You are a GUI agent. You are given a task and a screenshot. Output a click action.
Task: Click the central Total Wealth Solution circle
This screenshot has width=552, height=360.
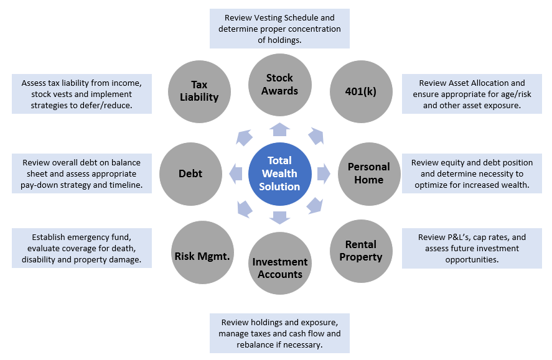coord(279,173)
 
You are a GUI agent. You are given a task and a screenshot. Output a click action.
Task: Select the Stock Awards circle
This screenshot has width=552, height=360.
coord(279,84)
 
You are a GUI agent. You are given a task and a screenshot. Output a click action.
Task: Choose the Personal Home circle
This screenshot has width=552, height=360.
coord(368,173)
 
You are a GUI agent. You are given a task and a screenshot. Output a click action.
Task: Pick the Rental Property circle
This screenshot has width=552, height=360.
coord(360,251)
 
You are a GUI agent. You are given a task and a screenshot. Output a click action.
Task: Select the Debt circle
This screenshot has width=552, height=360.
coord(190,174)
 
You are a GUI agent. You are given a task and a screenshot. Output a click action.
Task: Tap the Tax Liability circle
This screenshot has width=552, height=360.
coord(199,91)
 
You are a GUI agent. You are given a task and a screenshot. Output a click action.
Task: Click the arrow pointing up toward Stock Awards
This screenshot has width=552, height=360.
coord(280,129)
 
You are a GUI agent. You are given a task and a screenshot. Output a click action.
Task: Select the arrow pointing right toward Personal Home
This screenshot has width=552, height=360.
coord(324,174)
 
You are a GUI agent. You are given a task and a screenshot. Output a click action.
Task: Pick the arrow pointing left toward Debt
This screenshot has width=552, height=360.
coord(236,174)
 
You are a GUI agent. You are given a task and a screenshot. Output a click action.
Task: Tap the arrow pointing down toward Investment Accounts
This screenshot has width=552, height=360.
coord(280,218)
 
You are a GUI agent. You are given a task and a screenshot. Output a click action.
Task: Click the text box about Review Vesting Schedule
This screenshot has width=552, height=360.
coord(279,28)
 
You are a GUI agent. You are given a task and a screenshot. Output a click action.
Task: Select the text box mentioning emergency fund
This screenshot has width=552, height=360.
coord(82,248)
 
